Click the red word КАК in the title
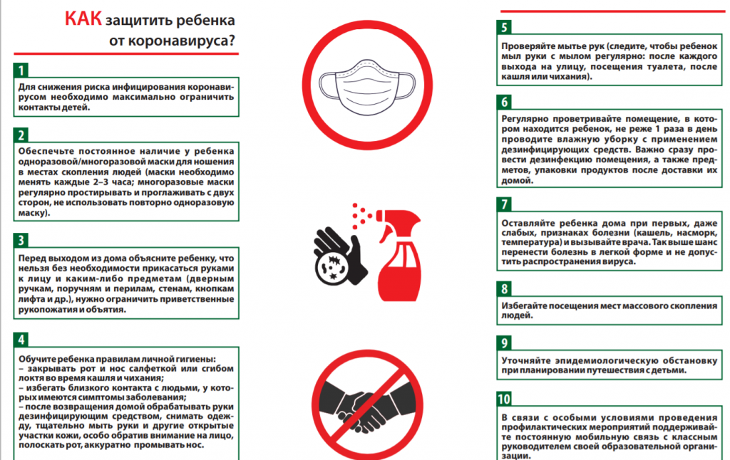(84, 19)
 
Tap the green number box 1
(21, 70)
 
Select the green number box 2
(21, 135)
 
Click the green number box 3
(21, 240)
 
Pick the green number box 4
(21, 339)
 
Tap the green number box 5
(505, 28)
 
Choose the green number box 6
(505, 101)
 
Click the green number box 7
(505, 204)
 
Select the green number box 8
(505, 289)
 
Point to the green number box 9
(505, 343)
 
